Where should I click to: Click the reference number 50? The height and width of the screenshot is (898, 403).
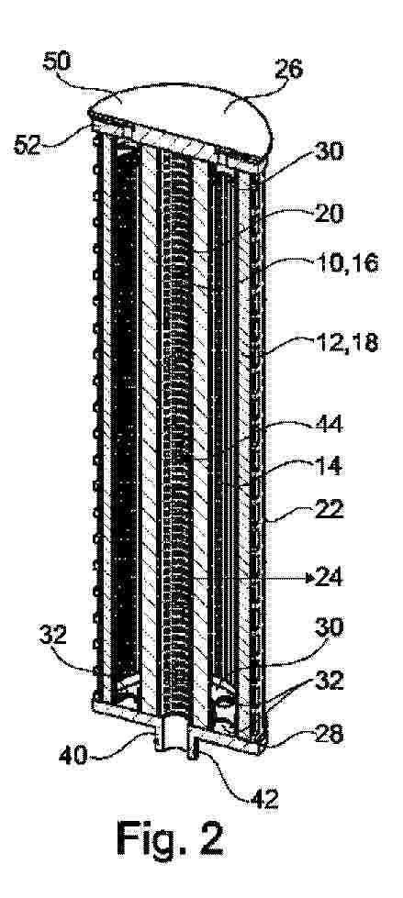[x=57, y=62]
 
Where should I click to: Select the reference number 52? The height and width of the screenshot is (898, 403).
[x=28, y=146]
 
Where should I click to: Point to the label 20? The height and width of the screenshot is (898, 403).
[x=328, y=215]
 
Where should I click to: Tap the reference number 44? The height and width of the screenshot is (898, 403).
[x=328, y=425]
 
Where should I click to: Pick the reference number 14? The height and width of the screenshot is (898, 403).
[x=328, y=466]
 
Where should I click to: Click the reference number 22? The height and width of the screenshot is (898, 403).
[x=328, y=509]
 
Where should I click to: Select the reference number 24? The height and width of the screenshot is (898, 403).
[x=329, y=579]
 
